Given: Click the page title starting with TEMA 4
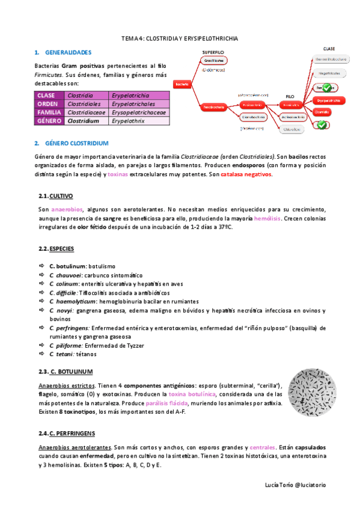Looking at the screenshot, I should pos(180,38).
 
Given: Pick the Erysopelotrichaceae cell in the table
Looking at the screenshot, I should pos(139,112).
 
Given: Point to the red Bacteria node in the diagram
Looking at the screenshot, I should pos(182,85).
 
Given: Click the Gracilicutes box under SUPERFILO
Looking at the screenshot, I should pos(214,61).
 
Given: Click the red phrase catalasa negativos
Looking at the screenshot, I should pos(246,174).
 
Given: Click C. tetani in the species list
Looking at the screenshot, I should pos(61,355).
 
